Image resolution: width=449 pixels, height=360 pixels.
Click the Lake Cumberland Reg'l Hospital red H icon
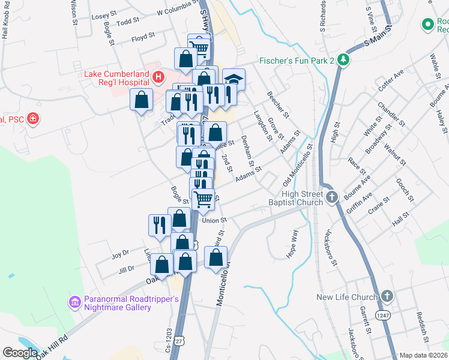158,76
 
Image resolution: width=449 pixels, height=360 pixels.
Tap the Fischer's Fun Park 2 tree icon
343,59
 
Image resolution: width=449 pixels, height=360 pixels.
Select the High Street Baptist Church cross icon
331,196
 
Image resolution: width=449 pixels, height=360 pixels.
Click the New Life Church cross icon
387,296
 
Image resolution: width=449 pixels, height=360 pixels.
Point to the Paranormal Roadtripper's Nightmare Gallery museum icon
74,302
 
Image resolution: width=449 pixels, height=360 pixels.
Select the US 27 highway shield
188,340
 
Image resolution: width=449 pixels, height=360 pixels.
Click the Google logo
20,352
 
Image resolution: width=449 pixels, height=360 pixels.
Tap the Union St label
214,220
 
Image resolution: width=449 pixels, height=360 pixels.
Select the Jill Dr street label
127,269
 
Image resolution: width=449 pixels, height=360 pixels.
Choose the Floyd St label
143,38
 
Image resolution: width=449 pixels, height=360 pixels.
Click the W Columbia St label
176,11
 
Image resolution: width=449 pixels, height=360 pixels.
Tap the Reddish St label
423,325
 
